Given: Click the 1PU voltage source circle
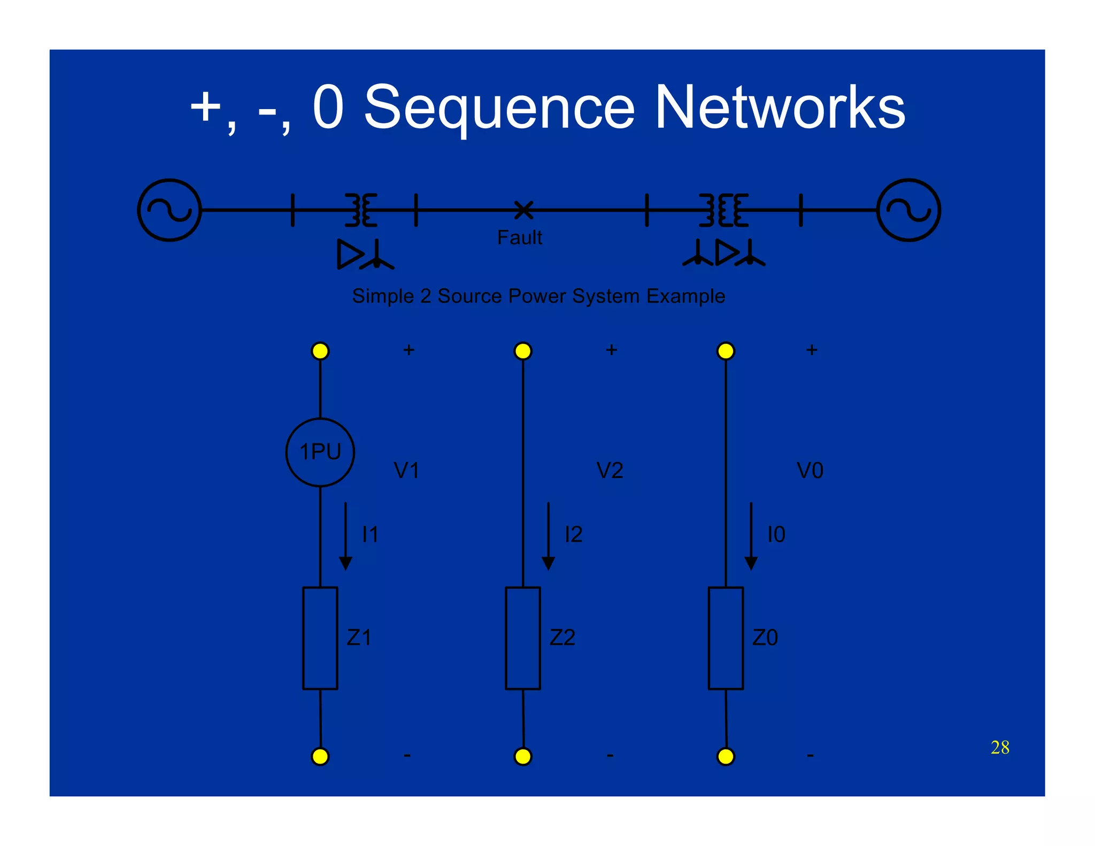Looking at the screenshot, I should (320, 452).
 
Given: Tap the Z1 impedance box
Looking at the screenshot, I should (320, 637).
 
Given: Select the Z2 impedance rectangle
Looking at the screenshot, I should (522, 637).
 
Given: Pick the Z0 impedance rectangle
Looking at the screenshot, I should (726, 637).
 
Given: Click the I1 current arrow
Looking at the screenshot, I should (345, 536).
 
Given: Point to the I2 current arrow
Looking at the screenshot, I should (548, 536).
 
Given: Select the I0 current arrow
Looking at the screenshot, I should (751, 536).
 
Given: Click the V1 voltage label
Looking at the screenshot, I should (406, 471).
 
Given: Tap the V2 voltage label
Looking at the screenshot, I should (610, 471).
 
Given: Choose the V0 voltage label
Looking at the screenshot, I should (810, 471).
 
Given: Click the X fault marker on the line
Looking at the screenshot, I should (523, 210).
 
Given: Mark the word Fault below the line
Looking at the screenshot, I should (519, 237).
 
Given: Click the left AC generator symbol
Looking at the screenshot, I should (169, 210).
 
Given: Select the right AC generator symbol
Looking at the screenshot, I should (908, 210).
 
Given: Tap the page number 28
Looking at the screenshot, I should (1000, 747).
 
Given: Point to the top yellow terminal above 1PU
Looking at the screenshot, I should (320, 351).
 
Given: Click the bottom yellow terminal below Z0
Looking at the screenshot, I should (726, 756).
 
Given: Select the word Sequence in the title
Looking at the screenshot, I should (499, 108).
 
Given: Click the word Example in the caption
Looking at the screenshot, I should (685, 296).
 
